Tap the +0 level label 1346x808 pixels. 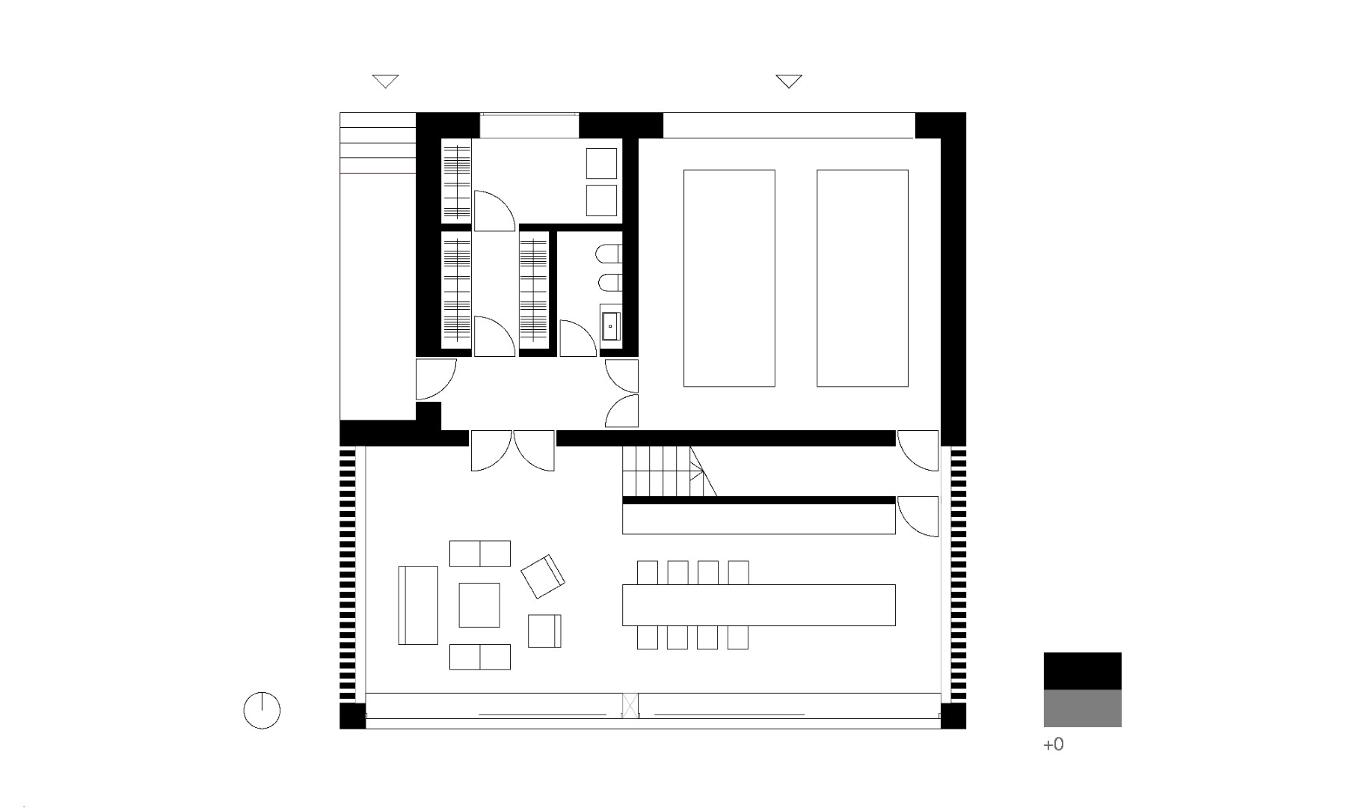click(x=1053, y=744)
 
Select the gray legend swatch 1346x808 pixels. click(x=1082, y=708)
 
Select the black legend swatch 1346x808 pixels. click(x=1082, y=671)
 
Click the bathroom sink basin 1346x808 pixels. click(x=610, y=326)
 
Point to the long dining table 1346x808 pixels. click(x=758, y=605)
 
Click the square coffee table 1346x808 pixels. click(x=479, y=605)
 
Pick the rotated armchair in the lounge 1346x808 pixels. click(x=543, y=576)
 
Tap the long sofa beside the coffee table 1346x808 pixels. click(x=418, y=605)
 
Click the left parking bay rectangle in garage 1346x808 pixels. click(x=729, y=278)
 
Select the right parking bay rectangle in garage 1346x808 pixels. click(x=862, y=278)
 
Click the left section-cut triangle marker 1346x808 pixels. click(x=385, y=82)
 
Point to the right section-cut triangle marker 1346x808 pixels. click(x=789, y=82)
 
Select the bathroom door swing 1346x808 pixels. click(x=577, y=338)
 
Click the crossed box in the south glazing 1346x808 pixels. click(x=630, y=706)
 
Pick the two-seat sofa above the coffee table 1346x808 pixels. click(x=479, y=554)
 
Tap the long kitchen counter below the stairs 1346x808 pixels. click(x=759, y=519)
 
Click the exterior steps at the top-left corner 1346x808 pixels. click(x=378, y=143)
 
